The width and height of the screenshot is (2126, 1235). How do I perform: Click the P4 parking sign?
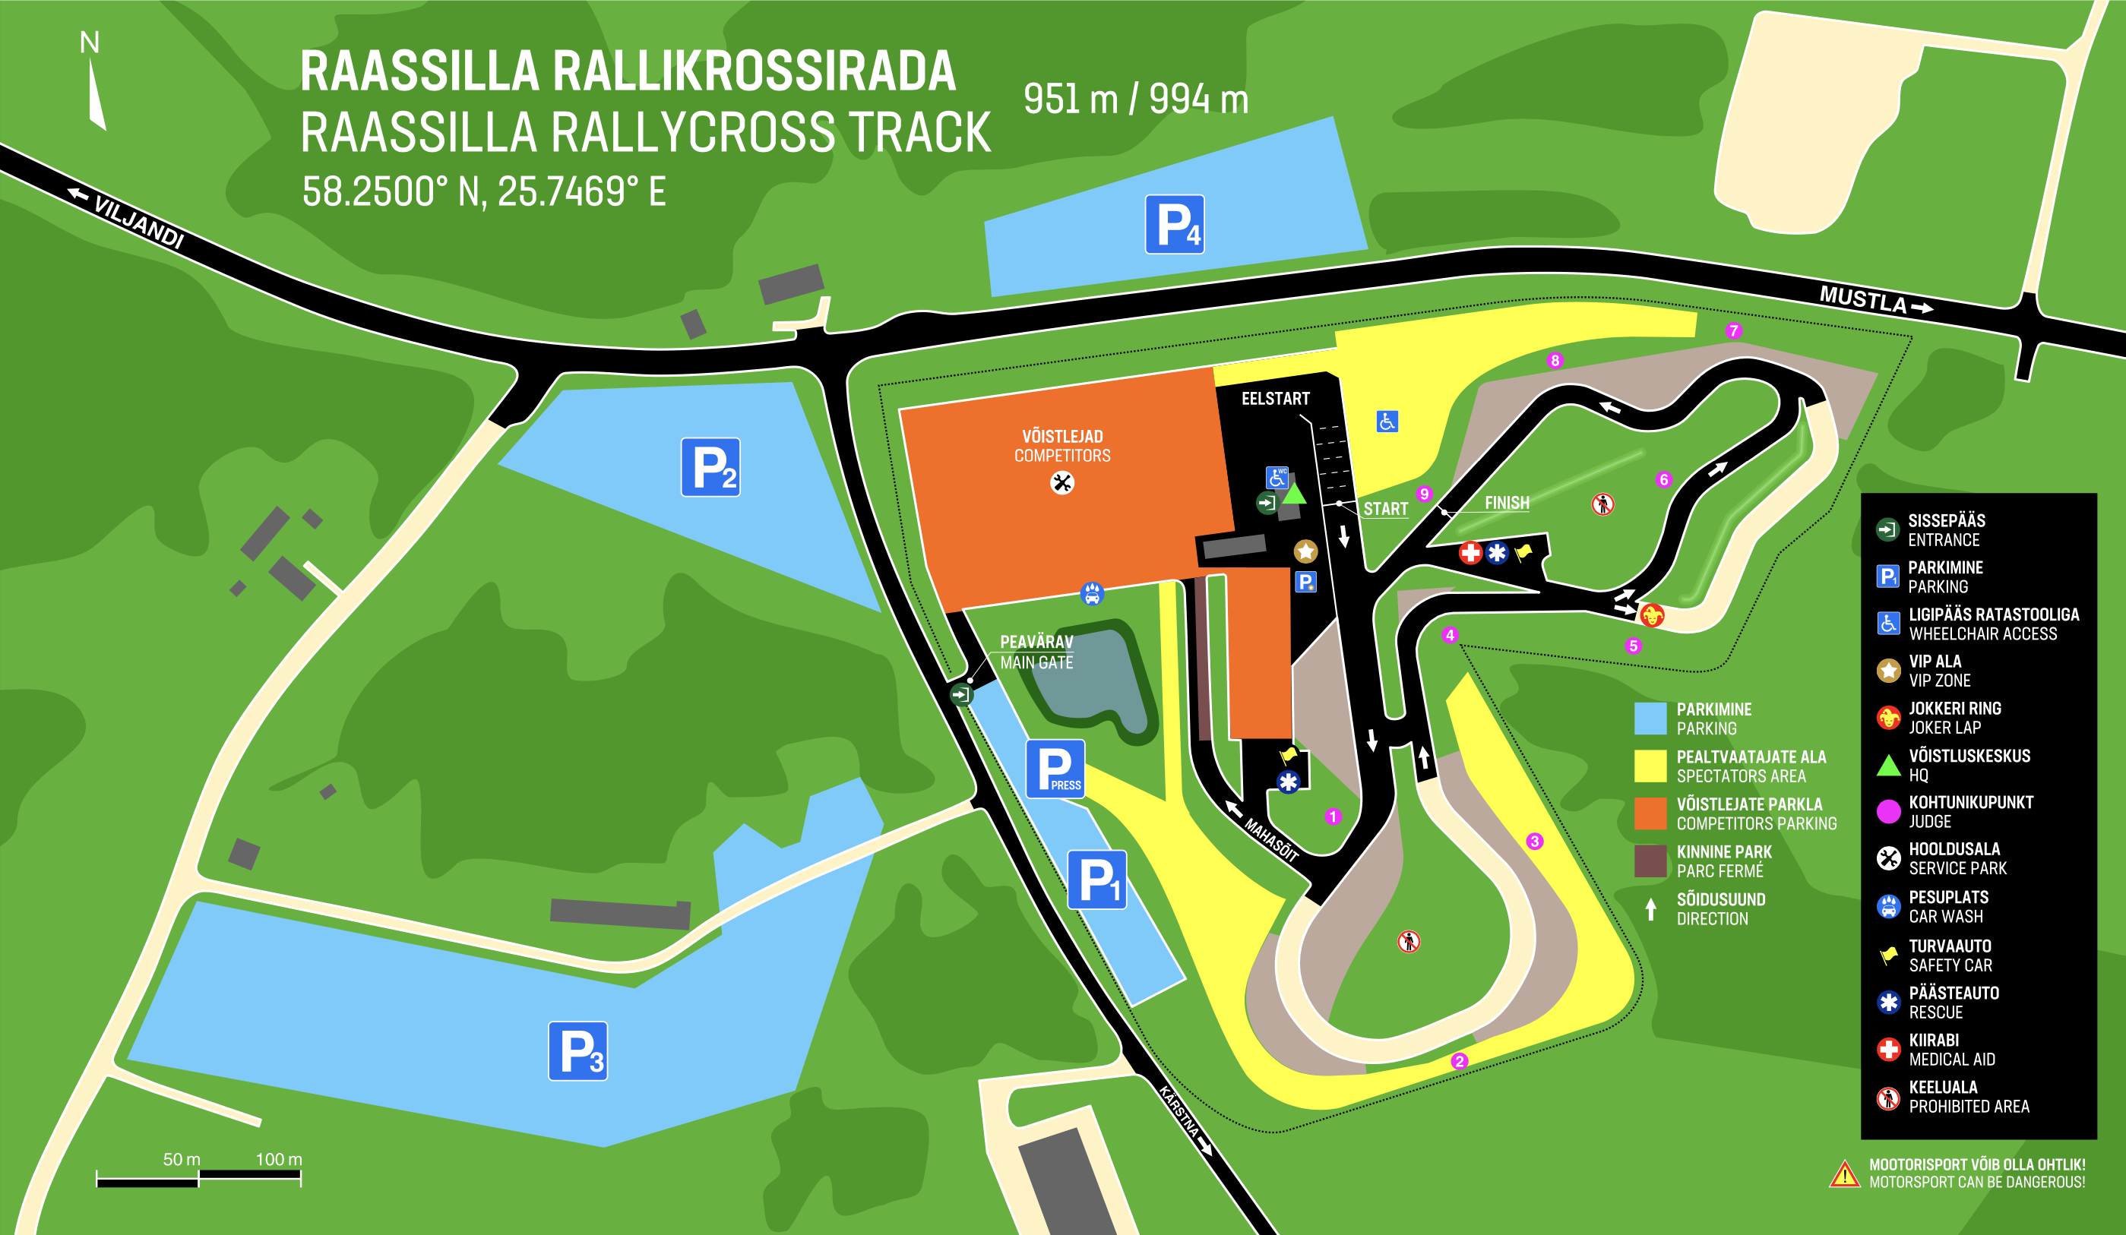pos(1175,224)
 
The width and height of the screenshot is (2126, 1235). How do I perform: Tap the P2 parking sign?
pos(710,467)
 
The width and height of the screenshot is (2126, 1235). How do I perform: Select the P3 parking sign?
pos(578,1051)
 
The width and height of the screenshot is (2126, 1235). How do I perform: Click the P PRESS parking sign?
pos(1055,769)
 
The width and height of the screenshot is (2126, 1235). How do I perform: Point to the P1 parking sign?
pos(1096,880)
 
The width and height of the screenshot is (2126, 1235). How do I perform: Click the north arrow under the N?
pos(96,94)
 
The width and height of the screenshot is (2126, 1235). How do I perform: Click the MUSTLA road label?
pos(1863,299)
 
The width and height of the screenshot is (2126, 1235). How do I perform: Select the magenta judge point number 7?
pos(1734,330)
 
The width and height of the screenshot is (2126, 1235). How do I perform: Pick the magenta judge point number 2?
pos(1460,1061)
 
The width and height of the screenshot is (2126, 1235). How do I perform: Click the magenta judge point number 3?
pos(1535,841)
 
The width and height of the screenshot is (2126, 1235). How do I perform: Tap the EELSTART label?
pos(1275,399)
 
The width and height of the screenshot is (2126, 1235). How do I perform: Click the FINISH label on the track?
pos(1507,503)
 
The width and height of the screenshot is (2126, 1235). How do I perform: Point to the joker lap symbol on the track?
pos(1652,615)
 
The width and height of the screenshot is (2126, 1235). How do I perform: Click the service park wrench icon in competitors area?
pos(1062,482)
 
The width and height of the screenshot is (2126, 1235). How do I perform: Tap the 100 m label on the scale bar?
pos(278,1159)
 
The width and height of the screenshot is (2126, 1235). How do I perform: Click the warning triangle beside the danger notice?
pos(1844,1174)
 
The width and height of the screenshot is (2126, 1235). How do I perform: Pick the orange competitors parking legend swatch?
pos(1650,814)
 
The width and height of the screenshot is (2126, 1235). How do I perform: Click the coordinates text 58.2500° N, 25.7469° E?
pos(484,192)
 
